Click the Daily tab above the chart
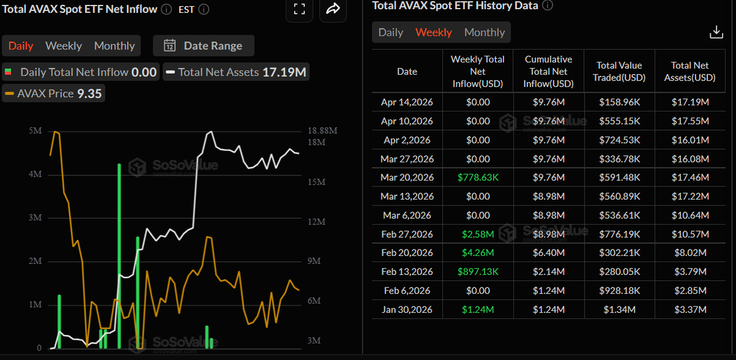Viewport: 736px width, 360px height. click(x=21, y=46)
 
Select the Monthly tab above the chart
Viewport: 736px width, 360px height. click(x=114, y=46)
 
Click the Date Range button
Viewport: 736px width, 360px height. click(x=203, y=46)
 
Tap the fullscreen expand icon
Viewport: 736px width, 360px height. click(x=299, y=9)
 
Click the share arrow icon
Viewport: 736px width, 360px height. click(x=333, y=9)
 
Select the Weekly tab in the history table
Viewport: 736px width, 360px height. click(x=434, y=33)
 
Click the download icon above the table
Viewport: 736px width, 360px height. click(x=716, y=33)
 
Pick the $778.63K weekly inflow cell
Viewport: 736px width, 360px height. click(x=477, y=178)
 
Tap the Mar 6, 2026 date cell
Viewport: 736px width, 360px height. click(x=407, y=215)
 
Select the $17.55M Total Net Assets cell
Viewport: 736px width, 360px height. click(x=689, y=121)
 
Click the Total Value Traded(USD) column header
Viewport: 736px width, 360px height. click(x=619, y=71)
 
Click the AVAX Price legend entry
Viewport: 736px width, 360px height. click(x=53, y=94)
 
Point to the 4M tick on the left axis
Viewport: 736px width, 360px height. click(x=35, y=174)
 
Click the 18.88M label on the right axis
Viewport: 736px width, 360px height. click(x=322, y=131)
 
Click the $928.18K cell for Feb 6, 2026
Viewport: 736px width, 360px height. click(x=619, y=290)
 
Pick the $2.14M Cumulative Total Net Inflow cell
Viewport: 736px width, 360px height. click(x=549, y=272)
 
